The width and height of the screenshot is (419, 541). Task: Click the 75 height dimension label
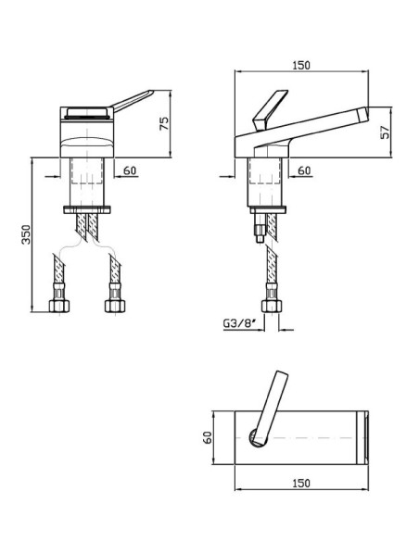coord(165,123)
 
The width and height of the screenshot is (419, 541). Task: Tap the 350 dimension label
coord(27,234)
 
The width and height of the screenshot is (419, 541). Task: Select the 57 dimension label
coord(385,132)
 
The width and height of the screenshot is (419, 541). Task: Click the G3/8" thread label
coord(239,323)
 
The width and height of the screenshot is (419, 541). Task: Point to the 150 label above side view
coord(301,65)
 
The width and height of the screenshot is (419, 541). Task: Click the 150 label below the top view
coord(301,483)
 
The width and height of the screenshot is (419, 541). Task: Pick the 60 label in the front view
coord(130,170)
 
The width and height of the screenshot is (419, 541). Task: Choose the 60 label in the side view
coord(304,170)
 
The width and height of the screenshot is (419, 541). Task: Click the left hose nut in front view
coord(59,305)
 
